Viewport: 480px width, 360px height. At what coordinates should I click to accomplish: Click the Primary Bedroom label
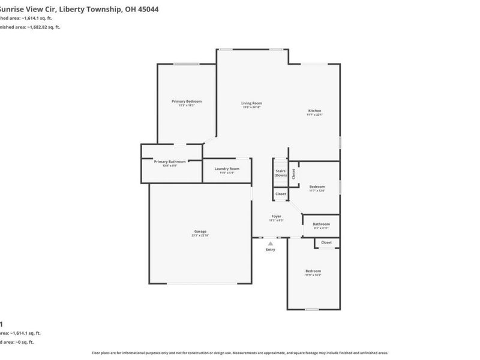[x=187, y=101]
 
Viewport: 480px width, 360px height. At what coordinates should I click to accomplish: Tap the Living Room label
[x=252, y=103]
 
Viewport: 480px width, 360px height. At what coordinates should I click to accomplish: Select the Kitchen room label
[x=315, y=111]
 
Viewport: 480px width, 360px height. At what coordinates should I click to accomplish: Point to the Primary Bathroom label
[x=170, y=161]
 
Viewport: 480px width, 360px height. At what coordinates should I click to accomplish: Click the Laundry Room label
[x=227, y=169]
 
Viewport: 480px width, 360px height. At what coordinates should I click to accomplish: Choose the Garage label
[x=200, y=232]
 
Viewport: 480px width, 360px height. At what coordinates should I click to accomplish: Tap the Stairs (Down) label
[x=280, y=173]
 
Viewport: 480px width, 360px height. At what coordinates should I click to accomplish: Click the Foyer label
[x=276, y=216]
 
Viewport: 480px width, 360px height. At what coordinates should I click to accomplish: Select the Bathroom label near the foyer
[x=322, y=224]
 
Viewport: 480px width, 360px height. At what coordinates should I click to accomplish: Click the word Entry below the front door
[x=271, y=250]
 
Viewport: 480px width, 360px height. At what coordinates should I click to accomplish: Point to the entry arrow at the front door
[x=271, y=243]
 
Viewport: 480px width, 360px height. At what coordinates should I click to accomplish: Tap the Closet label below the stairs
[x=281, y=194]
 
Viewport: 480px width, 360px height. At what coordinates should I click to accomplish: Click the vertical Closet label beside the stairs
[x=293, y=173]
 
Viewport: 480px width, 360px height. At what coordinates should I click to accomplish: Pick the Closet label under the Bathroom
[x=326, y=242]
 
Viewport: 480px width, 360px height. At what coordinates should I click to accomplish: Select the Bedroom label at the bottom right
[x=313, y=271]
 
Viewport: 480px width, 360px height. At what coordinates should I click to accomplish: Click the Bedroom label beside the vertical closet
[x=317, y=187]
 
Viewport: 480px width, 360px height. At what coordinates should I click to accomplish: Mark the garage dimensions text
[x=200, y=235]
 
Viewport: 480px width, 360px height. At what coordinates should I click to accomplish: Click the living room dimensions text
[x=252, y=107]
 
